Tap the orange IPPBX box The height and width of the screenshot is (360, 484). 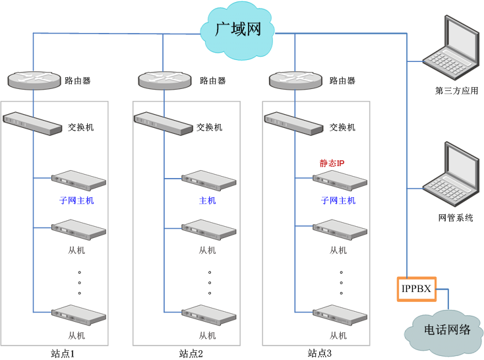[416, 289]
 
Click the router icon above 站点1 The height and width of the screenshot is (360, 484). [33, 80]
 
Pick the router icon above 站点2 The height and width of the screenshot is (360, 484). [164, 80]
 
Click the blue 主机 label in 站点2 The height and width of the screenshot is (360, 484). [207, 200]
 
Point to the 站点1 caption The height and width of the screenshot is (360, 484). [63, 353]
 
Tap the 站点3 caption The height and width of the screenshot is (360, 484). [320, 353]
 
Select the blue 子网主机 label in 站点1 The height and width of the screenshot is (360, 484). [76, 200]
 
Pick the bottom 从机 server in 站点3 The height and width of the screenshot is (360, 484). [339, 313]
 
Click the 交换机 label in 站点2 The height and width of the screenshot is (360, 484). [210, 127]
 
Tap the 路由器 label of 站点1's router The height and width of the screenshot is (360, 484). [78, 81]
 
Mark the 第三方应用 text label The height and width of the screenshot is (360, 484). [457, 91]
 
